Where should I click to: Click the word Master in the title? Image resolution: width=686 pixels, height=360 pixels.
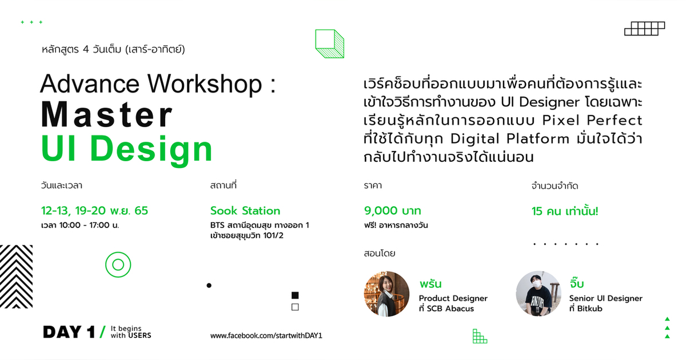106,116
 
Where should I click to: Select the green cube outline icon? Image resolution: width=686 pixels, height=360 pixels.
330,44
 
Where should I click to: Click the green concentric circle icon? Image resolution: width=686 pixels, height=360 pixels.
118,265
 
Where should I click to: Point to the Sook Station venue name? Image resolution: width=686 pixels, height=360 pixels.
245,211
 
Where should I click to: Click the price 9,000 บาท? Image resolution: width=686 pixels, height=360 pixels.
392,211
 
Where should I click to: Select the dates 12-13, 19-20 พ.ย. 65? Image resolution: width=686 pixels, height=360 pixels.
94,211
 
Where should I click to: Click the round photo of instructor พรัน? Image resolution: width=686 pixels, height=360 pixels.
387,294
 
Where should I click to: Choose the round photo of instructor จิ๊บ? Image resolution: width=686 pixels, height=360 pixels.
538,294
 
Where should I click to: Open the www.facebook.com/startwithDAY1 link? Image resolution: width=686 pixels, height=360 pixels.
266,335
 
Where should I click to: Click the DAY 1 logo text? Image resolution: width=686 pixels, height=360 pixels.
69,331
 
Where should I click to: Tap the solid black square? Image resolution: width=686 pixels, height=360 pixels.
295,295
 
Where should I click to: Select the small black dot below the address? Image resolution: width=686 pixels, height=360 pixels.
209,285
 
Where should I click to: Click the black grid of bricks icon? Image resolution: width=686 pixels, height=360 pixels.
645,29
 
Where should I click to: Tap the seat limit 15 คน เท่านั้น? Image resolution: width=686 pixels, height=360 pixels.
565,211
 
